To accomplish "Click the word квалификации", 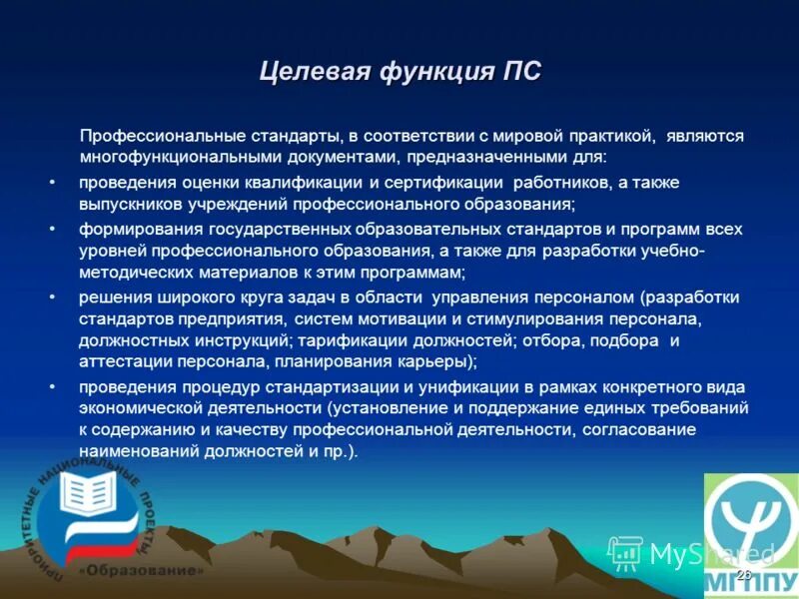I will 289,183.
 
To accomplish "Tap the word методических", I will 130,273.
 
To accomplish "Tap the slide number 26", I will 742,576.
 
